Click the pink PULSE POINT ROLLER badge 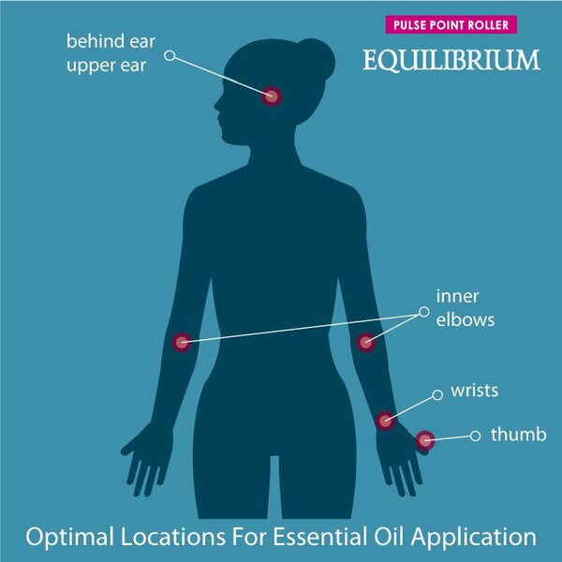[451, 24]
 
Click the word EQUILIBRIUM [451, 60]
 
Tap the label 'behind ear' [111, 41]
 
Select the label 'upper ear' [107, 66]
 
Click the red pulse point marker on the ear [272, 96]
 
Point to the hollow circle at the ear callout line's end [170, 55]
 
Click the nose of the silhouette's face [217, 105]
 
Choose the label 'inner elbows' [466, 308]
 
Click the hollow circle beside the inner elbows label [424, 312]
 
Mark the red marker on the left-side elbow [182, 342]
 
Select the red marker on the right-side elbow [365, 342]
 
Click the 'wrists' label [475, 391]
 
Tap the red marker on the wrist [385, 421]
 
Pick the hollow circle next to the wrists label [437, 395]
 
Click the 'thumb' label [518, 435]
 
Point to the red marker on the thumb [425, 440]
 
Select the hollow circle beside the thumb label [475, 436]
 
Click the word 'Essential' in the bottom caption [320, 537]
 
